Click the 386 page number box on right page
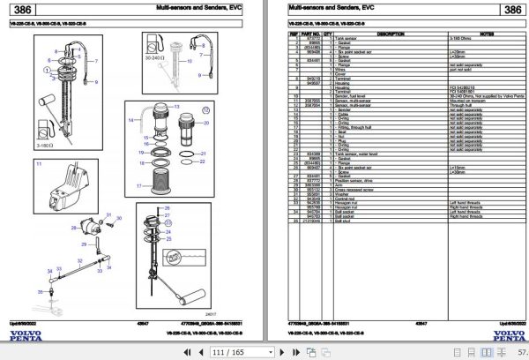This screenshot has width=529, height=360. tap(511, 11)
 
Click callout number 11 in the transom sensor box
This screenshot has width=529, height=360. tap(40, 164)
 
